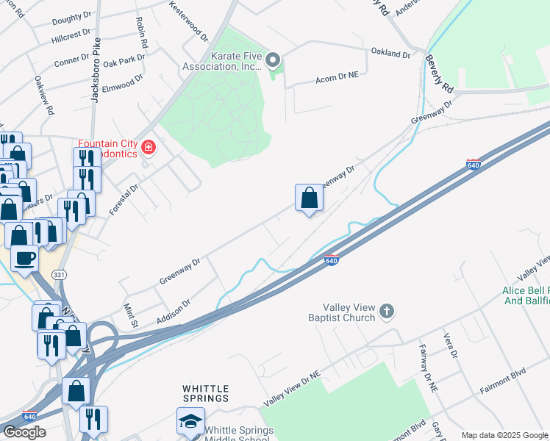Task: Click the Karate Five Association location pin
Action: [273, 60]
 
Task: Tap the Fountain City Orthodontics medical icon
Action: [149, 148]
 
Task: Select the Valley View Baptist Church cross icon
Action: [387, 312]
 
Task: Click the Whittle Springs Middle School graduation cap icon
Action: [190, 421]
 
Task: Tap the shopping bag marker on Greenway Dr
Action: [310, 197]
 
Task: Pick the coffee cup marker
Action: [25, 259]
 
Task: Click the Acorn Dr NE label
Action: [337, 78]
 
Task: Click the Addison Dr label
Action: [174, 312]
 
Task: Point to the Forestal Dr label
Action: [124, 197]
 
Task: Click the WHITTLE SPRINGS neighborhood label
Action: [206, 393]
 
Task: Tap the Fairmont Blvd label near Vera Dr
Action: [501, 392]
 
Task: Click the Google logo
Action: [24, 432]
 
